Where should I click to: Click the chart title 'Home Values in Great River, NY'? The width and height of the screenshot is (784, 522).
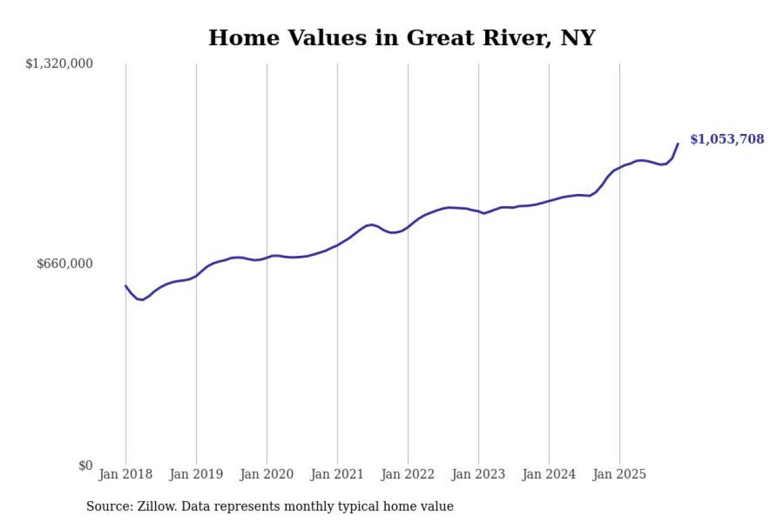[x=402, y=38]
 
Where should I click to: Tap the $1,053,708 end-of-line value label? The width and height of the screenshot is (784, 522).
[x=727, y=140]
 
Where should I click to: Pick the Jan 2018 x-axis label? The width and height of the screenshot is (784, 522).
[x=126, y=475]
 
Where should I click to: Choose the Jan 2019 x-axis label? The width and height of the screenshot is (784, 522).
[x=196, y=475]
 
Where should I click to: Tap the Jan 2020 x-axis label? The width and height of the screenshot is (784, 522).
[x=267, y=475]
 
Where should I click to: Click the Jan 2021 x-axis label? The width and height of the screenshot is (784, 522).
[x=337, y=475]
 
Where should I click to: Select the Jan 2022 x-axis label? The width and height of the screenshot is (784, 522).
[x=408, y=475]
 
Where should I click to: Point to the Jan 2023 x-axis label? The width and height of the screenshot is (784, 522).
[x=478, y=475]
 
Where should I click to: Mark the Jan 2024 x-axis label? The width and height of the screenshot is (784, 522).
[x=549, y=475]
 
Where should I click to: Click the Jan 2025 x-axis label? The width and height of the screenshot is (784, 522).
[x=620, y=475]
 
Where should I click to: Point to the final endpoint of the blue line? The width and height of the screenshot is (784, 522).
[x=678, y=144]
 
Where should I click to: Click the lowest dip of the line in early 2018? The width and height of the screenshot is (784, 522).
[x=142, y=300]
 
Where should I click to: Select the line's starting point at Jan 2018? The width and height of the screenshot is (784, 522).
[x=126, y=286]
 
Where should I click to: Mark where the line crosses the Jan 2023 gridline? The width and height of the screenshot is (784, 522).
[x=478, y=212]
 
